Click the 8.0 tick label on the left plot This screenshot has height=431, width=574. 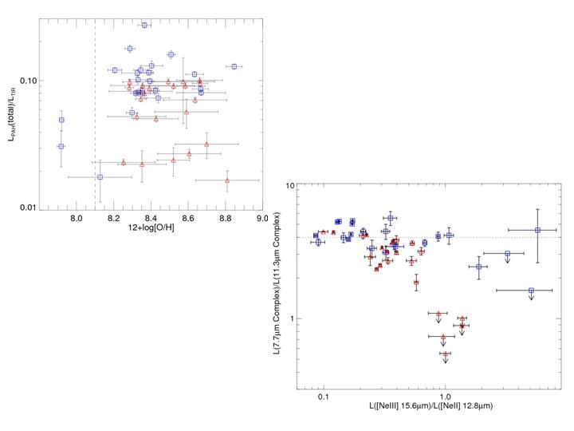[x=76, y=216]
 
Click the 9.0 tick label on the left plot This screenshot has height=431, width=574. [x=261, y=216]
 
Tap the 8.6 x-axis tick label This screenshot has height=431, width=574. [x=187, y=216]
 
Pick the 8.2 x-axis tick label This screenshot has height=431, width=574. [x=113, y=216]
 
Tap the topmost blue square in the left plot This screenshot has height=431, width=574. [x=144, y=25]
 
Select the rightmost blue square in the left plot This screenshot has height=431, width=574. [x=234, y=66]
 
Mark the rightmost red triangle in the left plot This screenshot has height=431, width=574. [x=227, y=180]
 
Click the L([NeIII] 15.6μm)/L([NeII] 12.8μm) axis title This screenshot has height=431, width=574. [x=429, y=407]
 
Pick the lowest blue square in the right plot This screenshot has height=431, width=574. [x=531, y=291]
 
